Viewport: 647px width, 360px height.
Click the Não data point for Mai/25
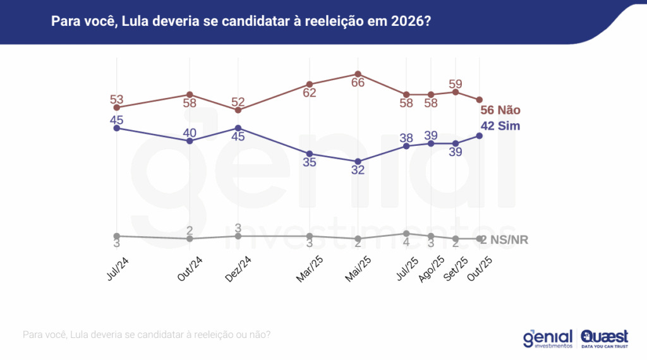pyautogui.click(x=358, y=74)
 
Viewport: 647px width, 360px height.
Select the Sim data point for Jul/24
pyautogui.click(x=116, y=128)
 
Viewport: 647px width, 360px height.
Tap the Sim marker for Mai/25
pyautogui.click(x=358, y=161)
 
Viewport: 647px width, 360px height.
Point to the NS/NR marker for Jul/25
pyautogui.click(x=407, y=233)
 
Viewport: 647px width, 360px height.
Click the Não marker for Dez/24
pyautogui.click(x=238, y=110)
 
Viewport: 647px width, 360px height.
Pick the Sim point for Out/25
pyautogui.click(x=479, y=135)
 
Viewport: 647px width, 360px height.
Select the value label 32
pyautogui.click(x=358, y=171)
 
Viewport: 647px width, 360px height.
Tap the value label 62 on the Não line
pyautogui.click(x=310, y=93)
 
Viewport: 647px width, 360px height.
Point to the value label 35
pyautogui.click(x=310, y=163)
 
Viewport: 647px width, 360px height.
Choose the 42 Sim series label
pyautogui.click(x=501, y=126)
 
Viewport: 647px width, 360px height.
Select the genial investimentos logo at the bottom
pyautogui.click(x=548, y=339)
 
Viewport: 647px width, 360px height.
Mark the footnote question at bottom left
pyautogui.click(x=147, y=334)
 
